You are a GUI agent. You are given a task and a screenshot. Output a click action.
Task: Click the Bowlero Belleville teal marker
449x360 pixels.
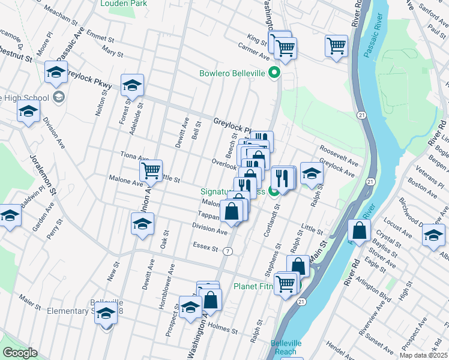(275, 73)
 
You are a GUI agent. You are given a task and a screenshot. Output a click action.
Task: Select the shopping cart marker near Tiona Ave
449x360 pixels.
(151, 170)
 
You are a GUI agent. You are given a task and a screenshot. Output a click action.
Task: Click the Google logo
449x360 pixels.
(20, 353)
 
